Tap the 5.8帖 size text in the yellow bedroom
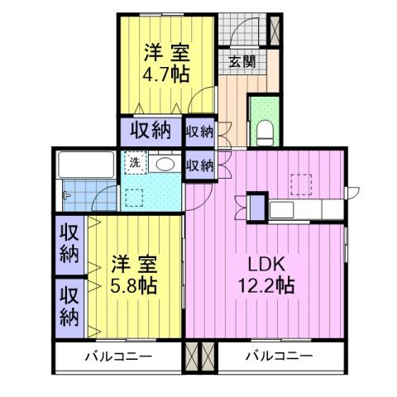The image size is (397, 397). tap(134, 287)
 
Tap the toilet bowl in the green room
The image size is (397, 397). tap(265, 131)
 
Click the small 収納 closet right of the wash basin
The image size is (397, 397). tap(199, 165)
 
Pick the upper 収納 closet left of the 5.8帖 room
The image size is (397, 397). tap(71, 244)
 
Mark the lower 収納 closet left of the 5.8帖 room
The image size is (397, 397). tap(71, 306)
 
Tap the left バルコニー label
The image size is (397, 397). tap(117, 357)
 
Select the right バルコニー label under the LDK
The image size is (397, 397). tap(278, 357)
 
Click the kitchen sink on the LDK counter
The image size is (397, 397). tap(281, 208)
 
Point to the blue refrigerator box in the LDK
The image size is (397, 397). tap(258, 207)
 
